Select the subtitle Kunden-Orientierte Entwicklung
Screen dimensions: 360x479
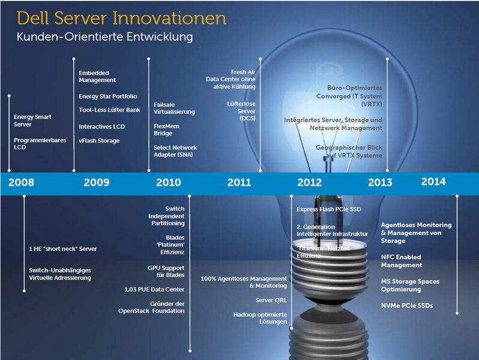[104, 37]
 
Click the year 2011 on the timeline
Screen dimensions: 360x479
[239, 182]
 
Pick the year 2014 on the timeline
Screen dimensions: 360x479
[433, 181]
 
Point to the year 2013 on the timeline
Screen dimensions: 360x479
[380, 182]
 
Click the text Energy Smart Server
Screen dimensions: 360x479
[32, 121]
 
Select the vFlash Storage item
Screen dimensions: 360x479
[99, 141]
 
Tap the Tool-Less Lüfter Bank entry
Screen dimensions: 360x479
[109, 110]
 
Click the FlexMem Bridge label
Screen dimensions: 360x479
[167, 130]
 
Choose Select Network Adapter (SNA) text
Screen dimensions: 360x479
[175, 151]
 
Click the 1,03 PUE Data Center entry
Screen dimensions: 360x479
[157, 289]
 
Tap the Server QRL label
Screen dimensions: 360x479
[271, 300]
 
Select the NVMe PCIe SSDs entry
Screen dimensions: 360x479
[406, 306]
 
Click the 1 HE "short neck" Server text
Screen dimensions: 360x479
[62, 248]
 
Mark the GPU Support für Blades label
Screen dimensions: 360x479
[166, 272]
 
